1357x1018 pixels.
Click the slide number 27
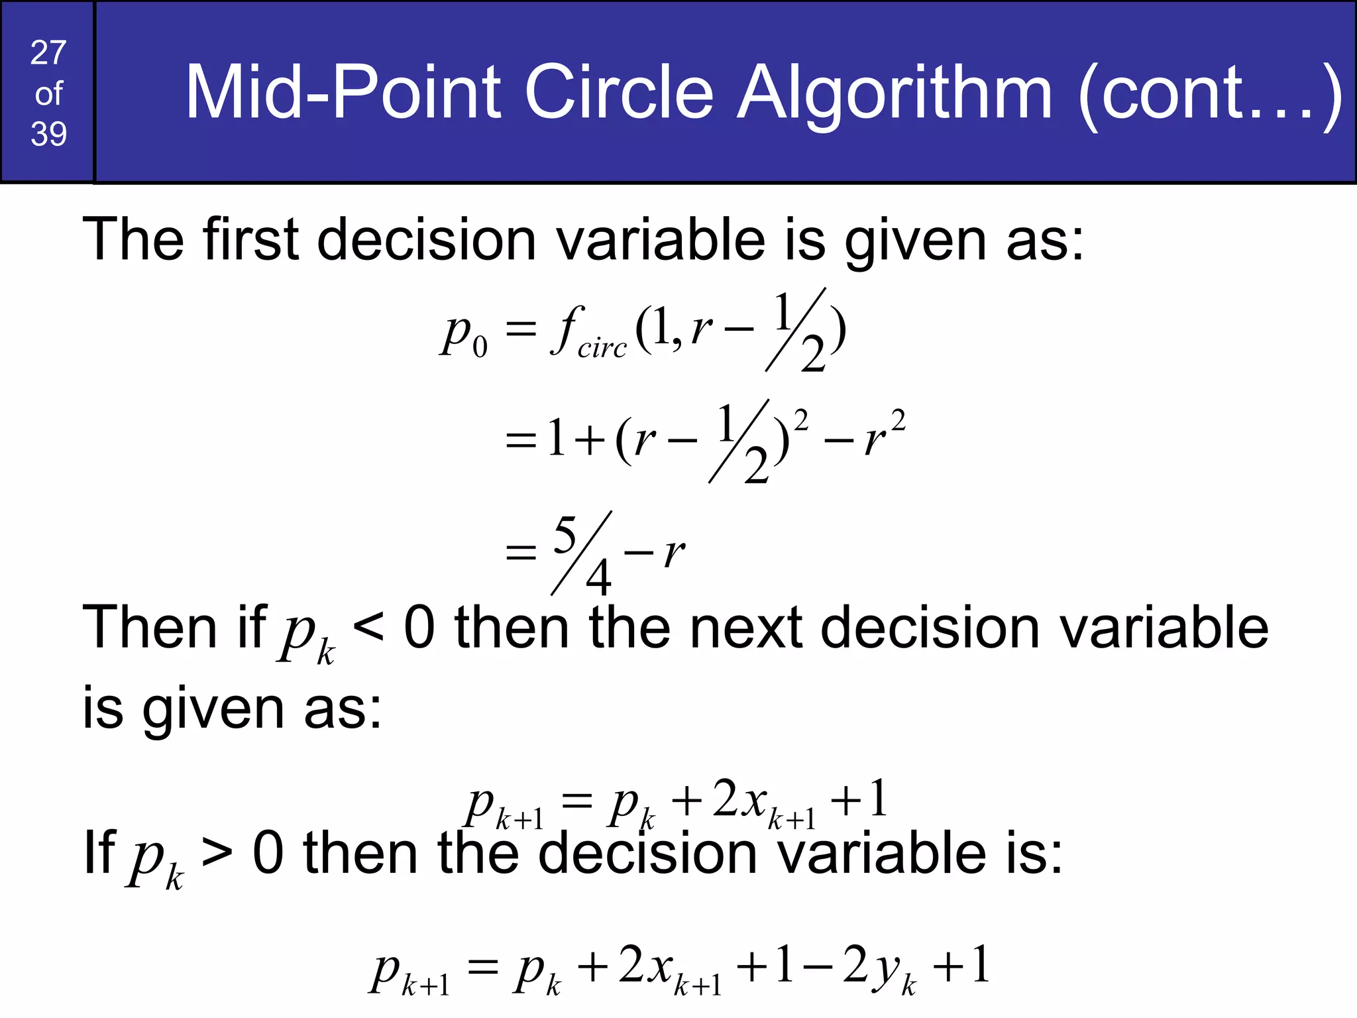pos(48,53)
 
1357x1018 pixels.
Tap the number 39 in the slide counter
pos(48,134)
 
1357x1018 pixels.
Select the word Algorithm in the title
pos(895,94)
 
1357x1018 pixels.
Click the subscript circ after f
pos(602,347)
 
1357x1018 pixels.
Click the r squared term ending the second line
pos(884,435)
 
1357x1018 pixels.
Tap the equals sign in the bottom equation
pos(482,968)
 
